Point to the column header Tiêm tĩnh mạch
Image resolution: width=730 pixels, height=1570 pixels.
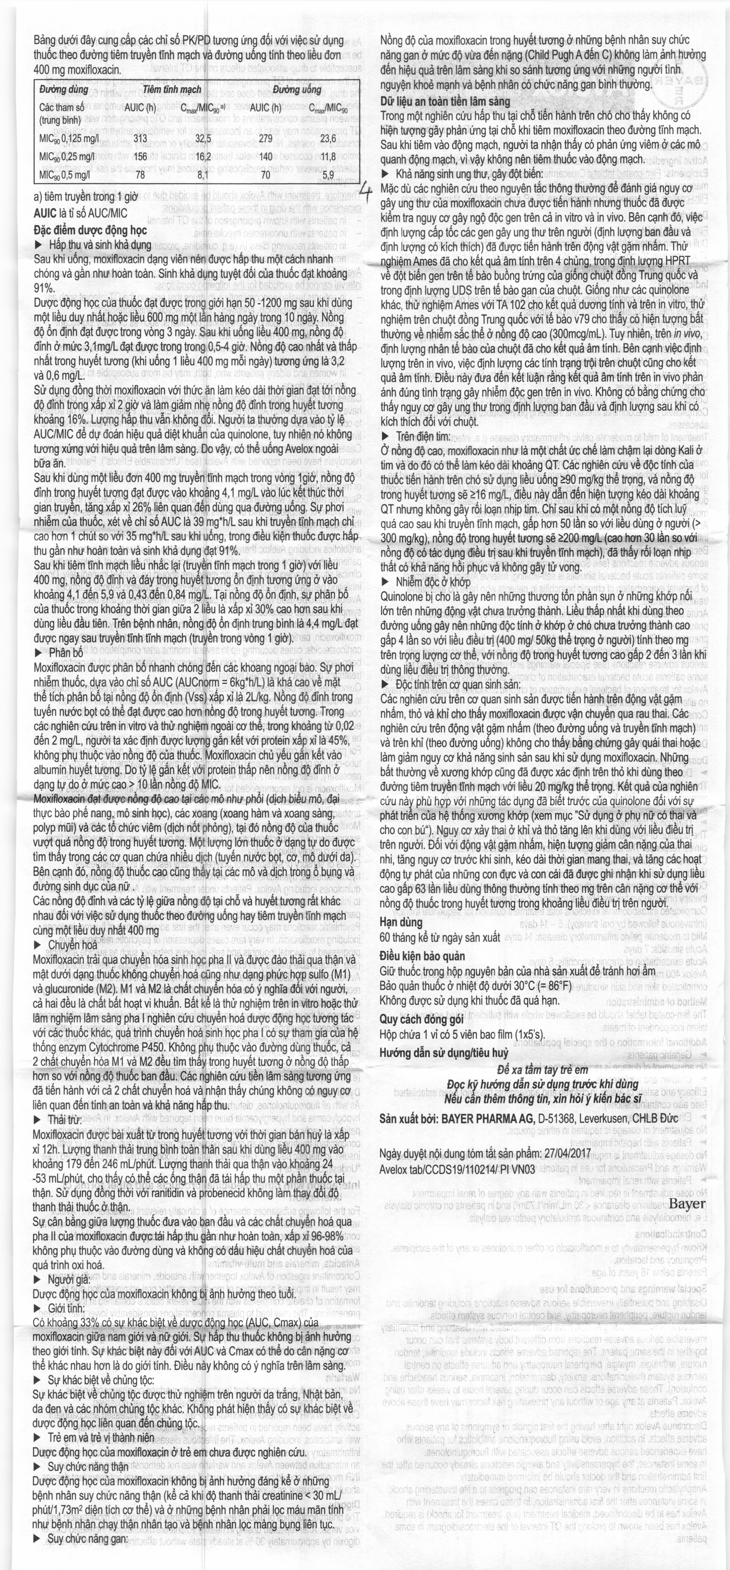click(172, 90)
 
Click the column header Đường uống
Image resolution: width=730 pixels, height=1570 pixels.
click(297, 90)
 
